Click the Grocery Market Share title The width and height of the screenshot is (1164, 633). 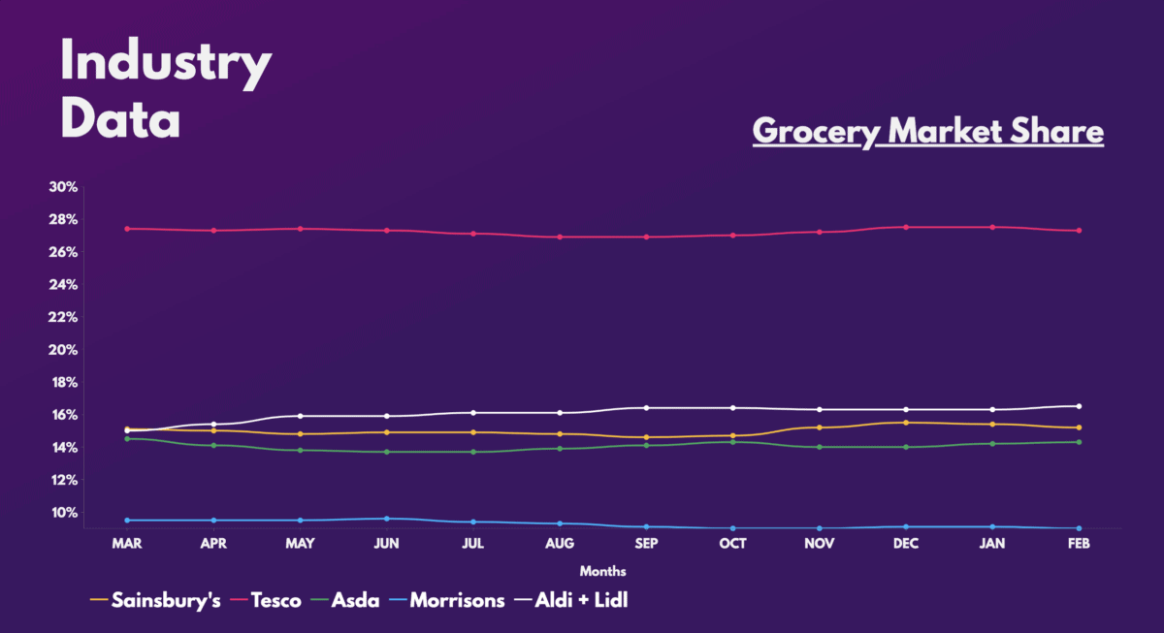coord(928,131)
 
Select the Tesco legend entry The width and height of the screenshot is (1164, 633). coord(275,600)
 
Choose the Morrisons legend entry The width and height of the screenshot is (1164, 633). coord(457,600)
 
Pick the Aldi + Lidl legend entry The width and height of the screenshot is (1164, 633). coord(588,600)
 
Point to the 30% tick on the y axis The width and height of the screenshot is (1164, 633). coord(63,187)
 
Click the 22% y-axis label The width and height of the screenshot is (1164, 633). coord(63,317)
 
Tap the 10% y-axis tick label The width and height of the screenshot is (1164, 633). coord(63,513)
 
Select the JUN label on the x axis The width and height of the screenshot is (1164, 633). coord(386,544)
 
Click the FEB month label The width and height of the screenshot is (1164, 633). coord(1079,544)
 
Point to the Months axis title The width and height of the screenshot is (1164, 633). coord(602,571)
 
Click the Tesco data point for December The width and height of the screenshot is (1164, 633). coord(906,227)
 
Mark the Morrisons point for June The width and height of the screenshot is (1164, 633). coord(386,519)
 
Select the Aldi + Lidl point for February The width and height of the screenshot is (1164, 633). coord(1079,406)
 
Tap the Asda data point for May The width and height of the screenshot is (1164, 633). coord(300,450)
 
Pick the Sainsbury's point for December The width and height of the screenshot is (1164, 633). coord(906,423)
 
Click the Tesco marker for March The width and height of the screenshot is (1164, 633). coord(127,229)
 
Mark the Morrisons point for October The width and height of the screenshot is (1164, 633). coord(732,528)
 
